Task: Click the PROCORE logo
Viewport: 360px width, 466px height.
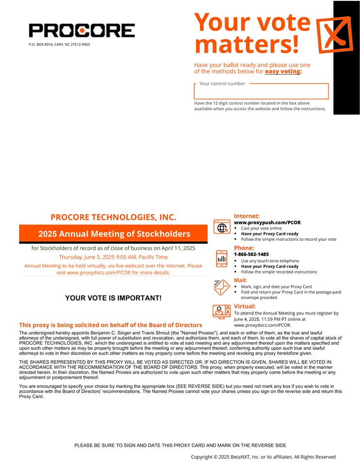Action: (x=82, y=31)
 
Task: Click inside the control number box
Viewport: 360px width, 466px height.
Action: (x=261, y=92)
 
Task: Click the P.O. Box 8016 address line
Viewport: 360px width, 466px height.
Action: (x=59, y=44)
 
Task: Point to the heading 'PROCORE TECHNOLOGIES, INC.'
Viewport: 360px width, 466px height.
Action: (x=113, y=217)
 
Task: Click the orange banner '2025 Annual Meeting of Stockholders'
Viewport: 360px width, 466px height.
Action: (x=114, y=234)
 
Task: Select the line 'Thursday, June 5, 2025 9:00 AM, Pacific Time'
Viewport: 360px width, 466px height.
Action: (x=113, y=257)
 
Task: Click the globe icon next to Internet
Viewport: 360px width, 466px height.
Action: (x=221, y=226)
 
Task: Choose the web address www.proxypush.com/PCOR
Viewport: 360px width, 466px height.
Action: (x=267, y=222)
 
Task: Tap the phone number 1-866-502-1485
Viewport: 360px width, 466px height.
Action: (x=251, y=254)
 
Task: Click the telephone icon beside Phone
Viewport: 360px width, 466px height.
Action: (x=221, y=258)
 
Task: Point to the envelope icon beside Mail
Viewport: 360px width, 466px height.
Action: (x=221, y=287)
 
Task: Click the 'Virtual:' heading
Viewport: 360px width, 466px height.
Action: (x=245, y=306)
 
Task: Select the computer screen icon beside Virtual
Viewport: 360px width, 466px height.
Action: (x=221, y=311)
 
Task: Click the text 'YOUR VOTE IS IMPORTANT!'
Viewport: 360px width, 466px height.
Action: (x=113, y=298)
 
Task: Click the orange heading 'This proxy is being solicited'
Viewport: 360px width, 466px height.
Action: (x=111, y=325)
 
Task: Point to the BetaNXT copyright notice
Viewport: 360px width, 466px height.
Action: (x=263, y=457)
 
